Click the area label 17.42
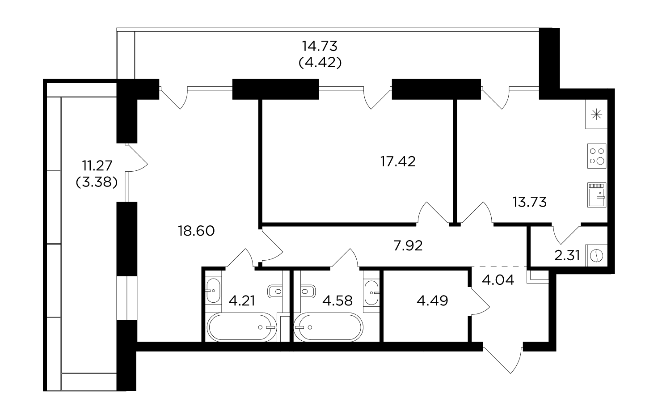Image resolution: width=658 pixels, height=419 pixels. (398, 161)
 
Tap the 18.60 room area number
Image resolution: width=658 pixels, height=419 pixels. (196, 231)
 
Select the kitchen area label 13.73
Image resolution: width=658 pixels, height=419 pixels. (530, 202)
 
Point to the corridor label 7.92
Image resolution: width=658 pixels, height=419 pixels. (408, 245)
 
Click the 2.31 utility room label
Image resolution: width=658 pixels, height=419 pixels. (567, 256)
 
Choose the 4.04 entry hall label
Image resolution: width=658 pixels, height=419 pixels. (498, 280)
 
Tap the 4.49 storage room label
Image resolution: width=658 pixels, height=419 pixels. (432, 300)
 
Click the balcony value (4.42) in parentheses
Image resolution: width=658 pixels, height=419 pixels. (320, 63)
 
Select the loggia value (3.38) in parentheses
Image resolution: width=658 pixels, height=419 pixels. (97, 182)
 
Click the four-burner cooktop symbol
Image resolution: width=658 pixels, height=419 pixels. (597, 156)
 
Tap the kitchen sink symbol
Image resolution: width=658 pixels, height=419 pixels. (597, 195)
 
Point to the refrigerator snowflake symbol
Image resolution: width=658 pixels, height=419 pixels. (596, 114)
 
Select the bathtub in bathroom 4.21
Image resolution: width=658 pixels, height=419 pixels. (242, 327)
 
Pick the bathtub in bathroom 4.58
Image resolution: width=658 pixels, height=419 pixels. (329, 327)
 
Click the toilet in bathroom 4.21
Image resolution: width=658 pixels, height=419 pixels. (275, 291)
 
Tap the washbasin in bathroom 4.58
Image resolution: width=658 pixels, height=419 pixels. (371, 293)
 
